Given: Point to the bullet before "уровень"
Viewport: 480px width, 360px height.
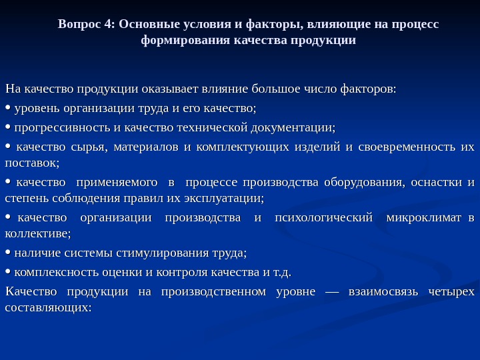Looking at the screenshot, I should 7,107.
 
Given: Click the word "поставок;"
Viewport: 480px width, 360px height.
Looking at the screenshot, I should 32,162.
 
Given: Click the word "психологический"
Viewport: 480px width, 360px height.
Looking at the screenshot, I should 326,218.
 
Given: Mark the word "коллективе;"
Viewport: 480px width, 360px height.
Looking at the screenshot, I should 37,234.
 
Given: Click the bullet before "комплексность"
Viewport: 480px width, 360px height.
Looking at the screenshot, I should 7,272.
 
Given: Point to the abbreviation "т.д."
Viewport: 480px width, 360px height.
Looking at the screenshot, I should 283,272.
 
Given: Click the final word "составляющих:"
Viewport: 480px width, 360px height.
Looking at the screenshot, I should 47,308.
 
